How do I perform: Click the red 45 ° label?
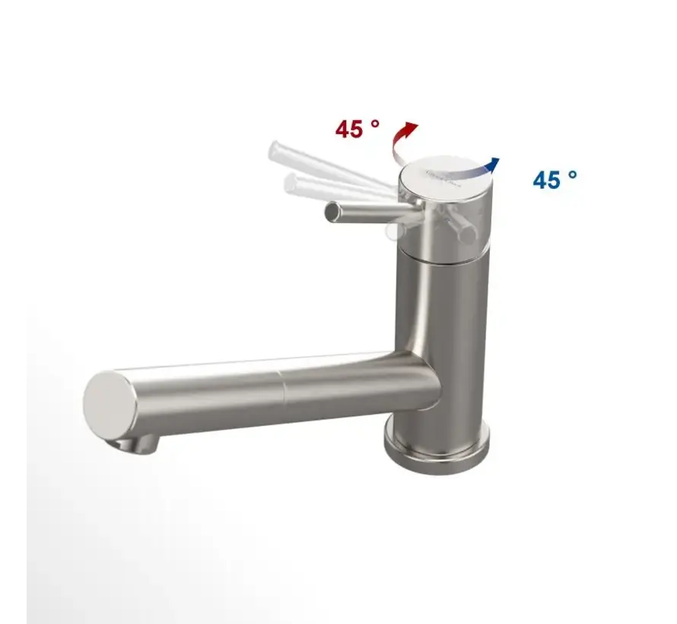(357, 129)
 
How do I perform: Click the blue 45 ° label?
(555, 180)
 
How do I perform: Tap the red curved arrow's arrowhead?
(412, 127)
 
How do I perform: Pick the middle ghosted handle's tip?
(291, 183)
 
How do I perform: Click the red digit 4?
(344, 129)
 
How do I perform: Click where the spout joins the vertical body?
(415, 377)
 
